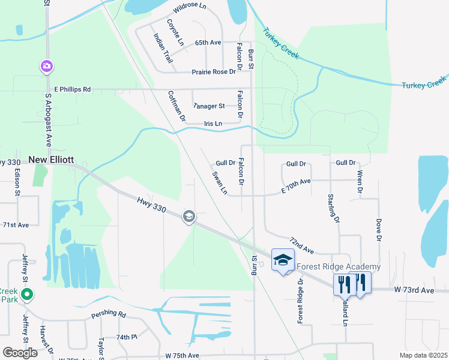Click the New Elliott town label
tap(51, 160)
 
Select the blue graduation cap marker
tap(283, 260)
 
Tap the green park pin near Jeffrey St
tap(26, 295)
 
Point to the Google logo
tap(20, 352)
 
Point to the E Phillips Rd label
tap(72, 89)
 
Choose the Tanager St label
tap(208, 106)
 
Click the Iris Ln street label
tap(212, 124)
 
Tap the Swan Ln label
tap(220, 183)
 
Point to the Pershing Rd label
tap(109, 314)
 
